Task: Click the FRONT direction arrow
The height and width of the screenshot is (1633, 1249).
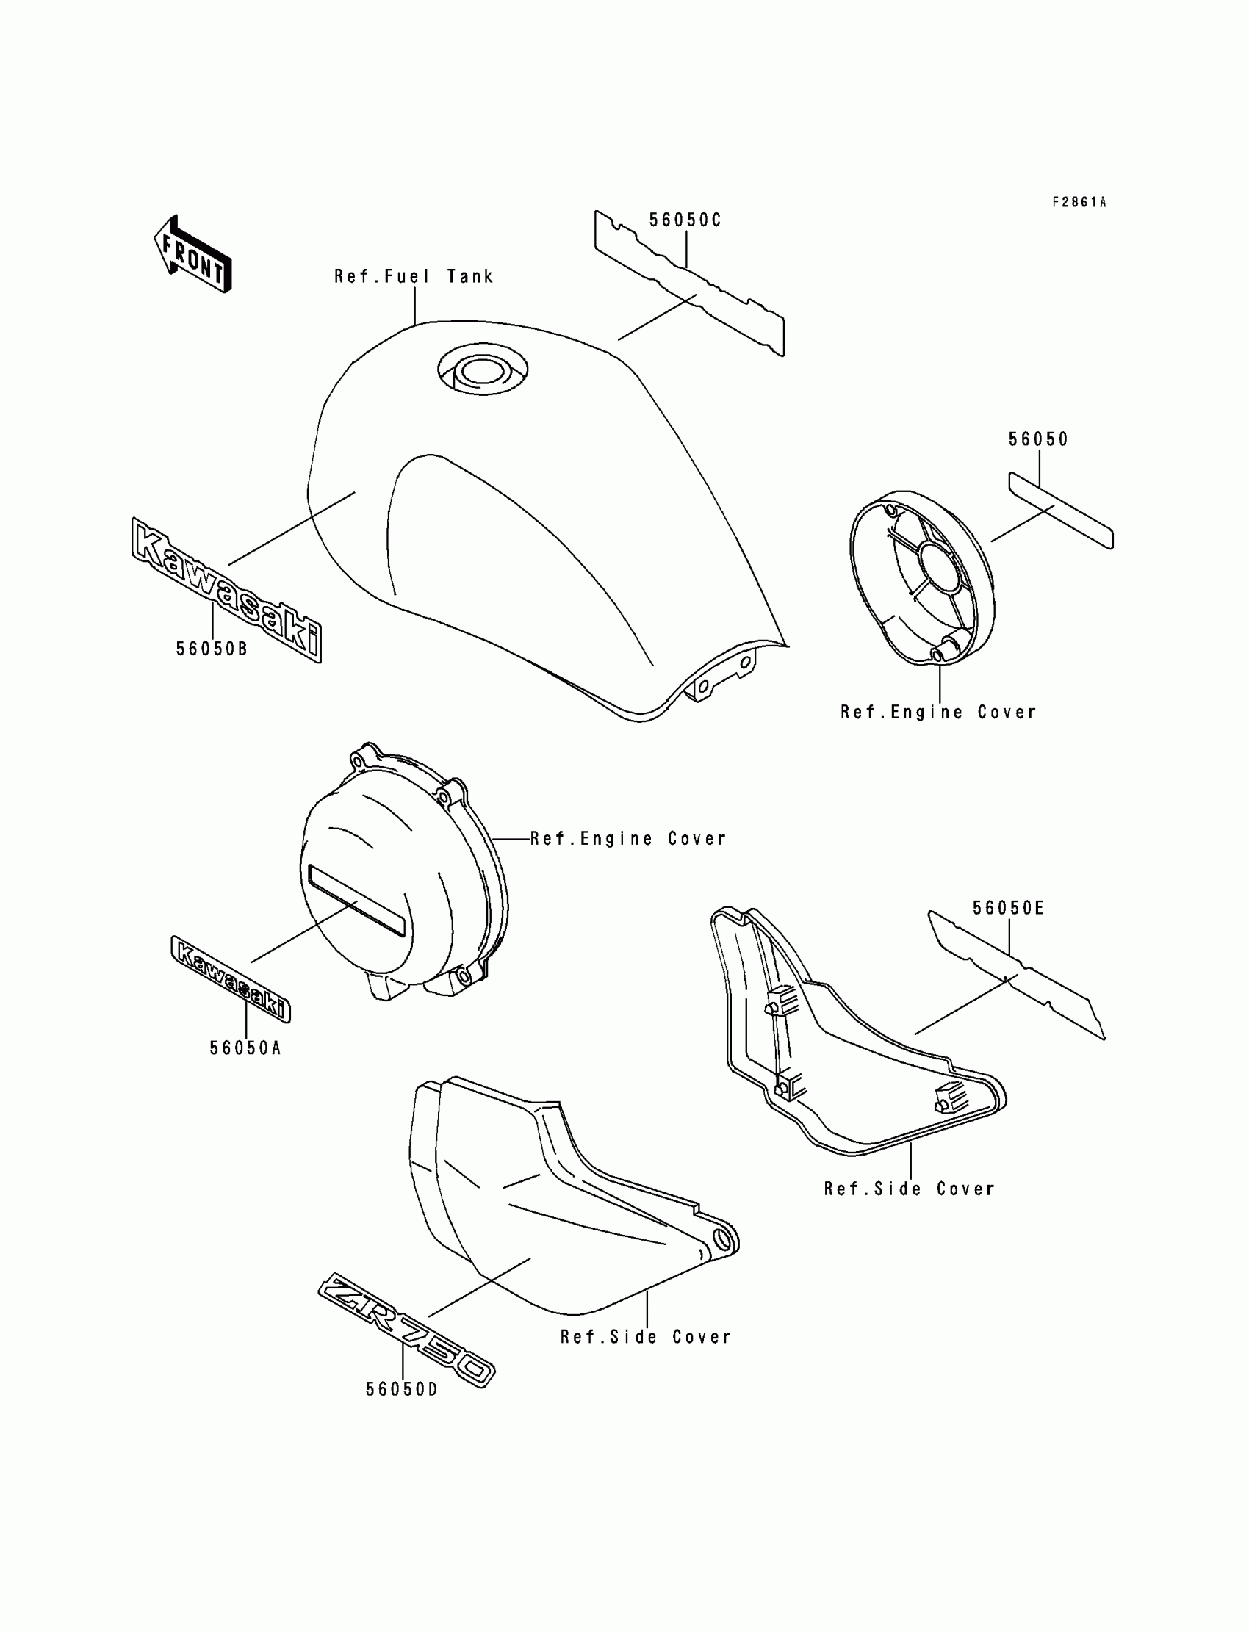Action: click(192, 254)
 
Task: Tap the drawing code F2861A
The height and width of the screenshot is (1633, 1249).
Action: click(1079, 202)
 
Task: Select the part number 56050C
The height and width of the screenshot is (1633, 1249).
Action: click(685, 220)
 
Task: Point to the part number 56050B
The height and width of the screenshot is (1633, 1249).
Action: click(212, 649)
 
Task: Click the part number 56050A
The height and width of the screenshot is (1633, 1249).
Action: click(245, 1048)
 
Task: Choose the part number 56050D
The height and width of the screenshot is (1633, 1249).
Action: click(401, 1389)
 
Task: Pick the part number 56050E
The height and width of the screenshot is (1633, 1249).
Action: click(1008, 907)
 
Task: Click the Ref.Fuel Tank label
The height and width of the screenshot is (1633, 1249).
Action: click(414, 276)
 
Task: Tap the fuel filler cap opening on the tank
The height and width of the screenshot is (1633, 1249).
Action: click(483, 370)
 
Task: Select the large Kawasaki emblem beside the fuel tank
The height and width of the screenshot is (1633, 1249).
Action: click(227, 589)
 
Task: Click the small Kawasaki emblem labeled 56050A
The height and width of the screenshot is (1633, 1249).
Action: click(231, 979)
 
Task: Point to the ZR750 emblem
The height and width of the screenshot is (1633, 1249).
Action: click(406, 1329)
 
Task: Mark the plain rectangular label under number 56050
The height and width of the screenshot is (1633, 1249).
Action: click(1060, 510)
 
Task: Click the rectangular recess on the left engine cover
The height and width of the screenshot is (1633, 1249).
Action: click(357, 900)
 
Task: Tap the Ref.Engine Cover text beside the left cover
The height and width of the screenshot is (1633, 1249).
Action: click(627, 838)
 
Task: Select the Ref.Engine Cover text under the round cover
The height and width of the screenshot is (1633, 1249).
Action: click(938, 712)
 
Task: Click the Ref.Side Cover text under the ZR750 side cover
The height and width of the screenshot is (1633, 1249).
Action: click(645, 1337)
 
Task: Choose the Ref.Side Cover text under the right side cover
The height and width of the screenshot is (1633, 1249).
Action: click(909, 1189)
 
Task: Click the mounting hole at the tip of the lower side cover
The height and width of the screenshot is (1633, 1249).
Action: click(721, 1238)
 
